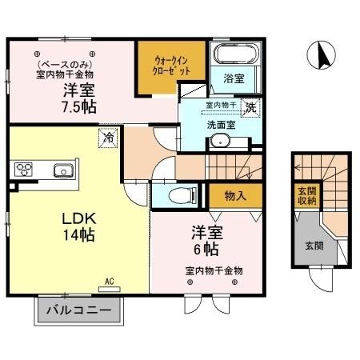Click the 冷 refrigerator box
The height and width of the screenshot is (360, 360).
(106, 138)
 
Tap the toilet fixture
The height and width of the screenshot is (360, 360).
(181, 194)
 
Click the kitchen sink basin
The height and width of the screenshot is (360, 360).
(63, 170)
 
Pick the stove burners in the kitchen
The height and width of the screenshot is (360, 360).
(23, 170)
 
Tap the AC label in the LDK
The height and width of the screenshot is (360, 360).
(110, 282)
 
